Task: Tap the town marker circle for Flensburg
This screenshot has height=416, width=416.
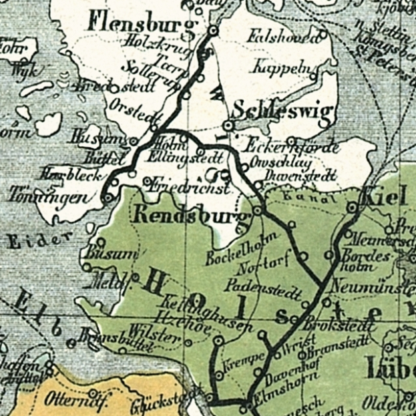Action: (213, 31)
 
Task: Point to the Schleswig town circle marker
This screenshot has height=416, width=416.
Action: (229, 126)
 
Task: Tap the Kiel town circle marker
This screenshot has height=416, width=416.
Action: (353, 208)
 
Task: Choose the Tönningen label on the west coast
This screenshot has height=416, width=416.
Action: (47, 196)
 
